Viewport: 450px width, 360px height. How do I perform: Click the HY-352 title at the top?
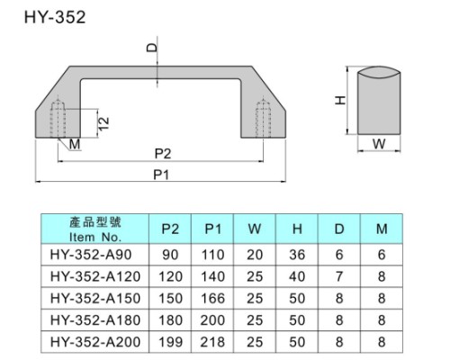(55, 17)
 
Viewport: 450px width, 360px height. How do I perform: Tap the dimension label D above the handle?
(152, 48)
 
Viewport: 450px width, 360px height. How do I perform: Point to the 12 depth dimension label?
(103, 123)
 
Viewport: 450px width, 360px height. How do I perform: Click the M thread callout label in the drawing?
(75, 144)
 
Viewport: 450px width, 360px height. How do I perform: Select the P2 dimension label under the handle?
(163, 154)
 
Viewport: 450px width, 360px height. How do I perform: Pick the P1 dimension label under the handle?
(161, 175)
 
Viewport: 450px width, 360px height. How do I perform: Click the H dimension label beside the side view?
(340, 100)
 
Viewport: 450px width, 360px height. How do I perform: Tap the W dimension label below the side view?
(379, 144)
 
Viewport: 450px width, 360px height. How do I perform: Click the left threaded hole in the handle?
(58, 120)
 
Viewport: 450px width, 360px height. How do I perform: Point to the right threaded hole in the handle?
(263, 120)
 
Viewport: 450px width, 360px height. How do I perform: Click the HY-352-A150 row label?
(95, 298)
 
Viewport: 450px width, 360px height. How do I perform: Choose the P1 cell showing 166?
(212, 298)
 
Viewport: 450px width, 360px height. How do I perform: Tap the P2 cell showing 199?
(170, 342)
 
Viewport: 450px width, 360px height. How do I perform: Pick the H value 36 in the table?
(297, 255)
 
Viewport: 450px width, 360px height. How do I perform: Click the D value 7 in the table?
(339, 276)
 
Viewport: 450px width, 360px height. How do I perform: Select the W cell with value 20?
(255, 255)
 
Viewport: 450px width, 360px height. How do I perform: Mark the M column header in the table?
(382, 229)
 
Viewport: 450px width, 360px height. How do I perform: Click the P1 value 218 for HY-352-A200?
(212, 342)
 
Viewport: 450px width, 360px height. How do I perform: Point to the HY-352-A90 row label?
(91, 255)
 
